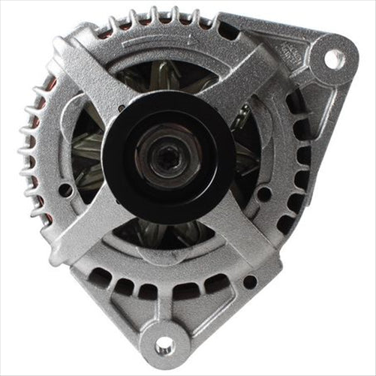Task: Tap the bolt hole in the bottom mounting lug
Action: (x=164, y=344)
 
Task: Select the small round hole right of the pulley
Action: (x=264, y=194)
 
